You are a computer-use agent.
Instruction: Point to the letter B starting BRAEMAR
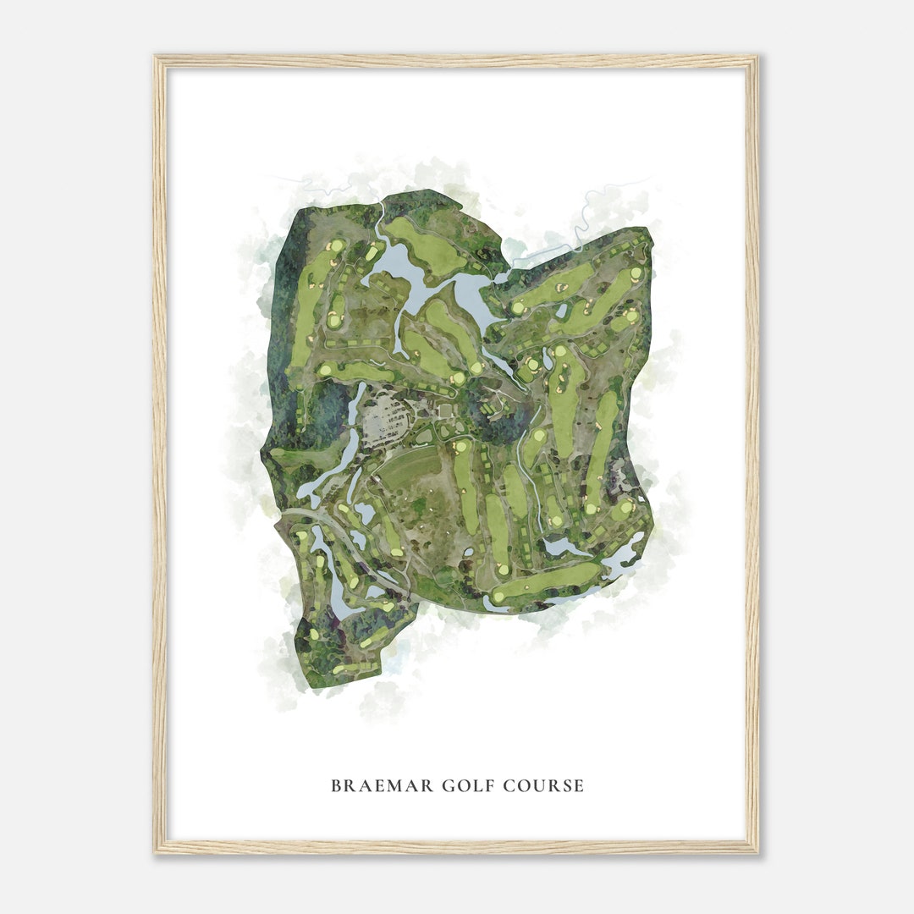point(336,786)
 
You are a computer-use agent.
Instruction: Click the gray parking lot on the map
point(385,417)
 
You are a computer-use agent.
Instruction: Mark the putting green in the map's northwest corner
point(336,246)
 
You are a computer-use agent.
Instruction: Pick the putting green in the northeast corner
point(636,273)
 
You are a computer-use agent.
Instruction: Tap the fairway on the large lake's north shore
point(423,245)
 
